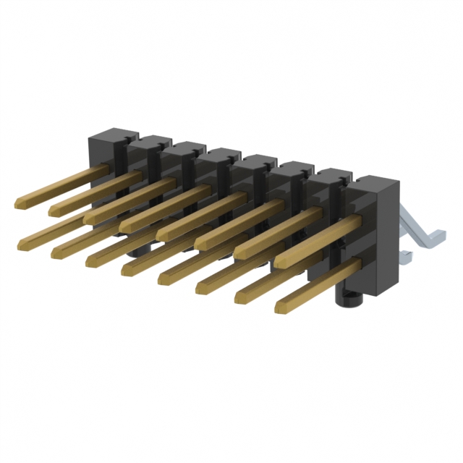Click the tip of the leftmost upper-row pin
[x=18, y=203]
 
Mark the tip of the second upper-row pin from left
[x=53, y=211]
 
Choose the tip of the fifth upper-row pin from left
[x=160, y=236]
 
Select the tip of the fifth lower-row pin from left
[x=161, y=279]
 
